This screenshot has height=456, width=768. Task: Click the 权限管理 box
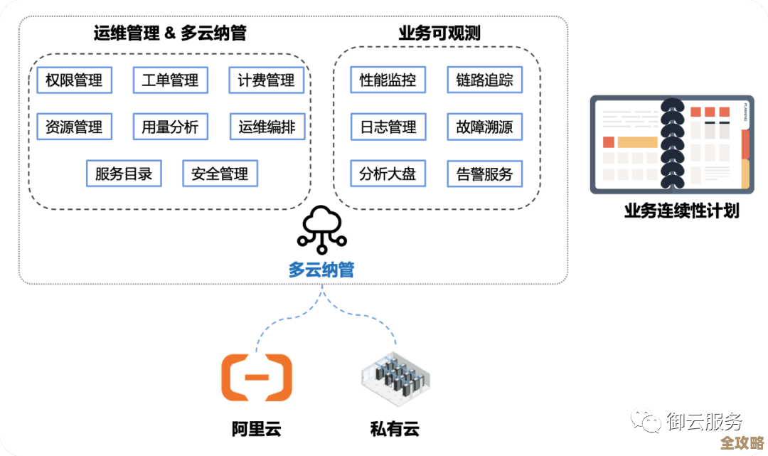coord(74,80)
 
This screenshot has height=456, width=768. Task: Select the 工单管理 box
coord(170,80)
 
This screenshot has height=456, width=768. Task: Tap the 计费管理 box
coord(266,80)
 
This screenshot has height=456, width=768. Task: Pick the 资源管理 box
coord(74,127)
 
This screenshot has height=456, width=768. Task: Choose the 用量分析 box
coord(170,127)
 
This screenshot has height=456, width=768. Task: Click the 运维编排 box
coord(267,127)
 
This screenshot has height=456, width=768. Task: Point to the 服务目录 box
coord(124,174)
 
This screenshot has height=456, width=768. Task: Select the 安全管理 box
coord(220,174)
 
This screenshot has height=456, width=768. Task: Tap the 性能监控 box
coord(388,80)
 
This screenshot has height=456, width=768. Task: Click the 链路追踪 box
coord(484,80)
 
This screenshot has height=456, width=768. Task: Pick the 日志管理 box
coord(388,127)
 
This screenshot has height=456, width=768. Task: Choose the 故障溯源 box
coord(484,127)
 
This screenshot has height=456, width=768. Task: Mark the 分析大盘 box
coord(388,174)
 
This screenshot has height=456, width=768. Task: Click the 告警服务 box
coord(484,174)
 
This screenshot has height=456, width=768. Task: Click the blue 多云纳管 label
coord(321,270)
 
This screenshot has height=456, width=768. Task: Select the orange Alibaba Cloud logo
coord(256,377)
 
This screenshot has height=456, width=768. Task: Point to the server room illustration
coord(394,378)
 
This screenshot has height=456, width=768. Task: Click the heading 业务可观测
coord(439,33)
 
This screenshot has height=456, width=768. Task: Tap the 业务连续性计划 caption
coord(681,211)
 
